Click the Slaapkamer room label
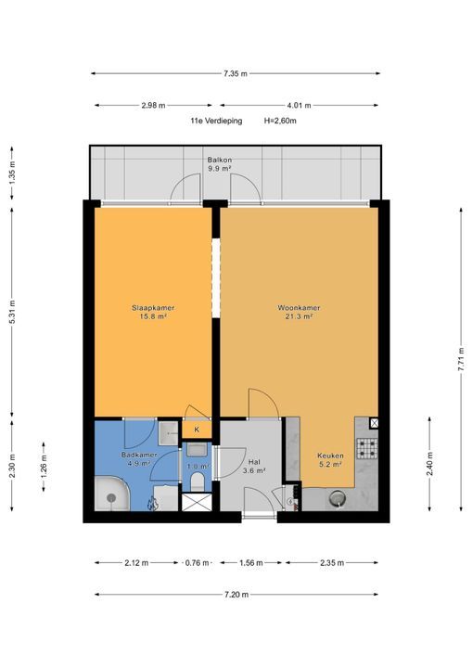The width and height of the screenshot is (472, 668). [x=153, y=312]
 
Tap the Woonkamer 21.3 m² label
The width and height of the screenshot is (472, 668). [x=299, y=312]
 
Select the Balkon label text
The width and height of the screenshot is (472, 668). [x=220, y=164]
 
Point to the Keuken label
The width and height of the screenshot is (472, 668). [x=330, y=459]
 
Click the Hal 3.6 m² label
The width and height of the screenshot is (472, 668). [x=254, y=466]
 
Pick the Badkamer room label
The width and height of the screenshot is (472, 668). [x=139, y=459]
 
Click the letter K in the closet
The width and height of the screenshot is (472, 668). [x=197, y=430]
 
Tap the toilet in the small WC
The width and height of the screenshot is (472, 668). [x=197, y=482]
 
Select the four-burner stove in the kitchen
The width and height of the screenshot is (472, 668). [x=367, y=448]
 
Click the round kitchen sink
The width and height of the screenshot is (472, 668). [x=338, y=498]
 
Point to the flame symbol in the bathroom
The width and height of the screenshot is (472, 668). [x=152, y=504]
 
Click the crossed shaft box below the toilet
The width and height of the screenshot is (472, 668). [x=197, y=502]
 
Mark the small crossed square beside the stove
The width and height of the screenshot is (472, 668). [x=374, y=423]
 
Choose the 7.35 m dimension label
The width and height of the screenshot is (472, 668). [x=236, y=73]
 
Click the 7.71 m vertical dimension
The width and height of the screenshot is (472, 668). [x=461, y=360]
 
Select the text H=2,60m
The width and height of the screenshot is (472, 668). [x=280, y=121]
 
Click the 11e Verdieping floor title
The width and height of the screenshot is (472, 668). [x=216, y=121]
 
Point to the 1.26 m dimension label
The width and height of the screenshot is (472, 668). [x=44, y=467]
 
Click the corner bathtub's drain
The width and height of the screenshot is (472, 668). [x=111, y=497]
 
